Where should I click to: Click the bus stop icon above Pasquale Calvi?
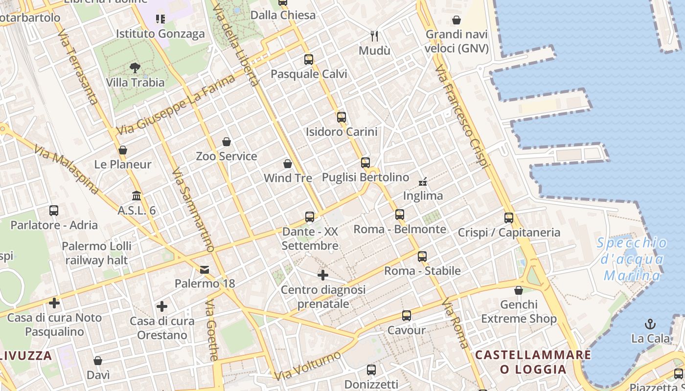tap(308, 60)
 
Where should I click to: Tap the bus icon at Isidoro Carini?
tap(341, 117)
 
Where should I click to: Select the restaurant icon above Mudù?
tap(374, 36)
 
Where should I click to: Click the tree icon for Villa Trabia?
tap(135, 68)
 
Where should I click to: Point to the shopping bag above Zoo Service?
tap(227, 142)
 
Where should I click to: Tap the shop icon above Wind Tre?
tap(288, 164)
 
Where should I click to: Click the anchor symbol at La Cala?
tap(650, 324)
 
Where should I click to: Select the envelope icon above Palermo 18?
tap(205, 269)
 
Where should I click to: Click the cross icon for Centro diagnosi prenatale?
tap(323, 275)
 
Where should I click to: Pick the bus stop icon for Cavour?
tap(406, 316)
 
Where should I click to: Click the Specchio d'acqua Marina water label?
tap(633, 260)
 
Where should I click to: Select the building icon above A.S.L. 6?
tap(137, 195)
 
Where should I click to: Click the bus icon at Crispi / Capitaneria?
tap(509, 218)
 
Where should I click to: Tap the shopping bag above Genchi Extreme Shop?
tap(519, 291)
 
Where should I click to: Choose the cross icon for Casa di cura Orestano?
tap(162, 306)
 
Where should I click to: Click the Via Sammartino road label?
tap(193, 211)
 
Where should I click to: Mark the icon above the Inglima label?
tap(423, 182)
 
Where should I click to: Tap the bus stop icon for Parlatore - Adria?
tap(54, 211)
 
